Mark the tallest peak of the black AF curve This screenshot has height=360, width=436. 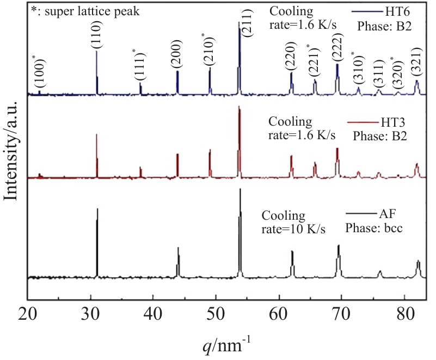[x=240, y=190]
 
